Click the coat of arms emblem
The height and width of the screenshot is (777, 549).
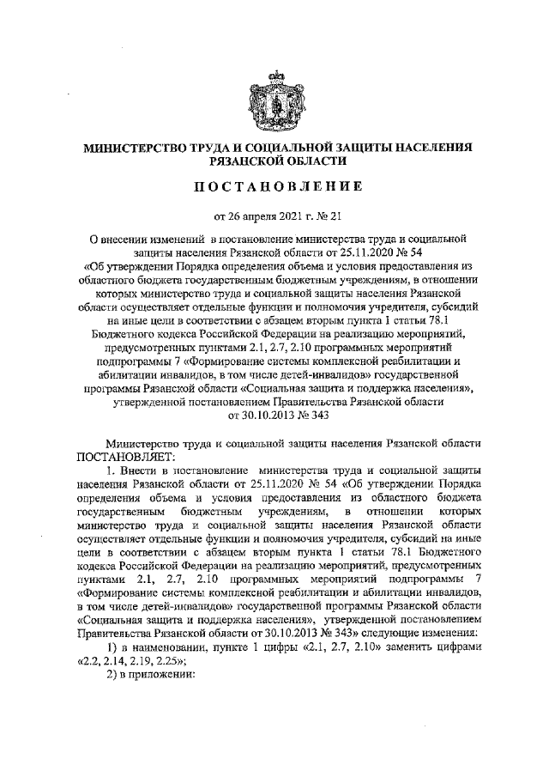[273, 100]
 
